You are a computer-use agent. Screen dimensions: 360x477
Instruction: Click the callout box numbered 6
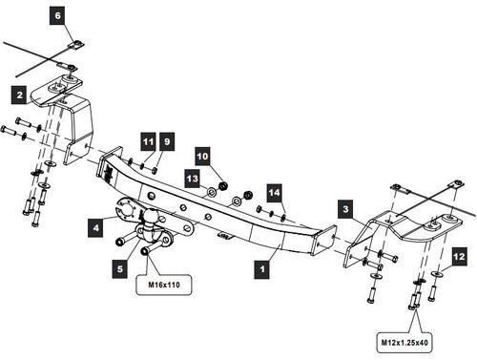[56, 16]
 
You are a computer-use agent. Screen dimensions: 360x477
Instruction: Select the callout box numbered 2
[18, 94]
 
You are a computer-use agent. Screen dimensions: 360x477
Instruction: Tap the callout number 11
[148, 141]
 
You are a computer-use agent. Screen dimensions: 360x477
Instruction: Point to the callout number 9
[166, 141]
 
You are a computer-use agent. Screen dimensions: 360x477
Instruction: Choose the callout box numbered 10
[202, 155]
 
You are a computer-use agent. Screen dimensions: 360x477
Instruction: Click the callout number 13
[193, 178]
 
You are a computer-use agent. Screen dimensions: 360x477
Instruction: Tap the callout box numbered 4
[96, 227]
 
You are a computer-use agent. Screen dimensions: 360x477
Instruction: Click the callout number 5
[120, 270]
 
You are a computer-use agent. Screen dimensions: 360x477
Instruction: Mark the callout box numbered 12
[458, 255]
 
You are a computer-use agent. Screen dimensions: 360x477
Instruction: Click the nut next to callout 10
[221, 183]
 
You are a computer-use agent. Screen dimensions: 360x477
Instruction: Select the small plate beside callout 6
[76, 43]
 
